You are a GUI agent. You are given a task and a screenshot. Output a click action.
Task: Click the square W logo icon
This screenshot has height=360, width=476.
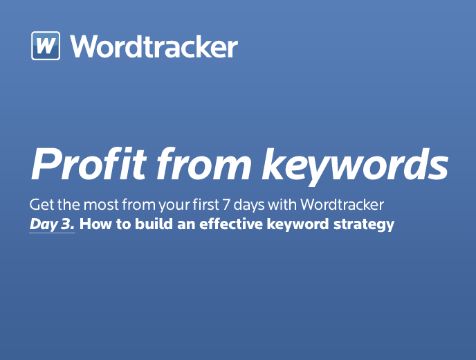coord(46,46)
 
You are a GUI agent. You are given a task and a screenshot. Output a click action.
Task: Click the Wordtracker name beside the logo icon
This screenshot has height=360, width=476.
coord(154,46)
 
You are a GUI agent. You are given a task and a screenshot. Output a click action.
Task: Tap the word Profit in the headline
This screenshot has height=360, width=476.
coord(89,164)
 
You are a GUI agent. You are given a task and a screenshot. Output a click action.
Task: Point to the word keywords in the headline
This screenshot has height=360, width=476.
coord(355,166)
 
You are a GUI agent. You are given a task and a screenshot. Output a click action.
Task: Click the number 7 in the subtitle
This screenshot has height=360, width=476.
coord(226,205)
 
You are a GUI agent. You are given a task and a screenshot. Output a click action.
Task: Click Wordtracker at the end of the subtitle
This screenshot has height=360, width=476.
coord(342,204)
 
